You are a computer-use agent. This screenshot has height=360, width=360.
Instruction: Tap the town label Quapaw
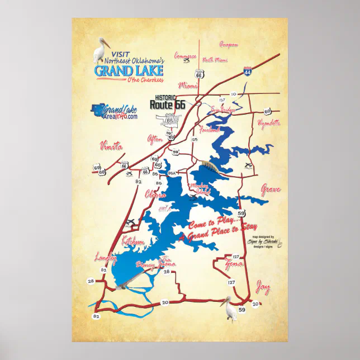[229, 45]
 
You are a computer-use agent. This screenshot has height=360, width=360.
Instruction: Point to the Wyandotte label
[268, 122]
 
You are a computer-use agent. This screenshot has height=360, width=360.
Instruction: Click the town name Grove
[270, 190]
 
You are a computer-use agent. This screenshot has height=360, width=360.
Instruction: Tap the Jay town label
[262, 288]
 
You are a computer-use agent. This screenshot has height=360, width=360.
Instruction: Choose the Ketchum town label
[133, 241]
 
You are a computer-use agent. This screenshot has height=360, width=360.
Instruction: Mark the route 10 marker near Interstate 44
[233, 94]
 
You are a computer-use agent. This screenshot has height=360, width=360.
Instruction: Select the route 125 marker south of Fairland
[195, 139]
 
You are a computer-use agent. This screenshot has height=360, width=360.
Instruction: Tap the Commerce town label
[185, 56]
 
